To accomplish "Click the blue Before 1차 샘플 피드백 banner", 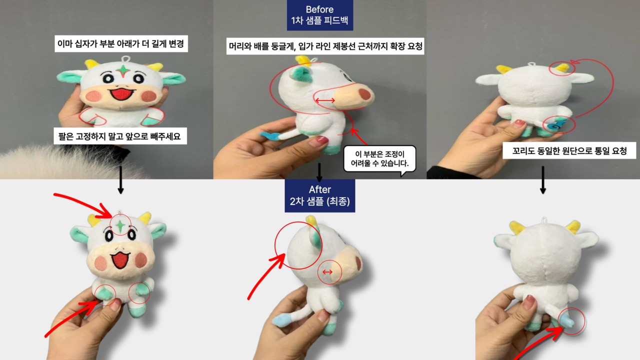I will pyautogui.click(x=320, y=15).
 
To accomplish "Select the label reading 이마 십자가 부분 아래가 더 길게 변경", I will pyautogui.click(x=120, y=43).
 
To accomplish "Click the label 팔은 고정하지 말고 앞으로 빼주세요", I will pyautogui.click(x=120, y=136).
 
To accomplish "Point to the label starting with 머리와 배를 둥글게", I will pyautogui.click(x=325, y=47).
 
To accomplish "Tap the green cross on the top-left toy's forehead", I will pyautogui.click(x=121, y=70).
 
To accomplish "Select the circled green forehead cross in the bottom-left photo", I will pyautogui.click(x=120, y=225).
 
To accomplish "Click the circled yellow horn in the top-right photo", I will pyautogui.click(x=562, y=68).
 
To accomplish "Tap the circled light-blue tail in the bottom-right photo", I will pyautogui.click(x=569, y=320).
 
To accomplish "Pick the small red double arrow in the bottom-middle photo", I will pyautogui.click(x=327, y=272).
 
